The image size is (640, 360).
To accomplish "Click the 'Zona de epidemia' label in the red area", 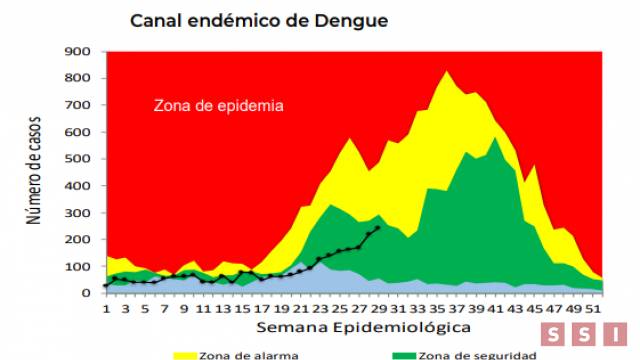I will click(218, 105).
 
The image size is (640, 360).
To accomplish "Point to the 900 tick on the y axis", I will click(79, 52).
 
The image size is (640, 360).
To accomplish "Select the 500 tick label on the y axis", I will click(79, 159).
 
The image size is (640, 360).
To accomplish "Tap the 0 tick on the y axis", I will click(87, 293).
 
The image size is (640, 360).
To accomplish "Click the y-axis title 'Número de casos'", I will click(34, 173).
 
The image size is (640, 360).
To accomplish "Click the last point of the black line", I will click(377, 227).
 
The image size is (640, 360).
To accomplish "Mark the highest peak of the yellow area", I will click(447, 71).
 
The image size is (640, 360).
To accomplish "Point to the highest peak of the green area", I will click(495, 138).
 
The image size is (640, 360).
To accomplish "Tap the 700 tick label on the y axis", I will click(79, 105).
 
